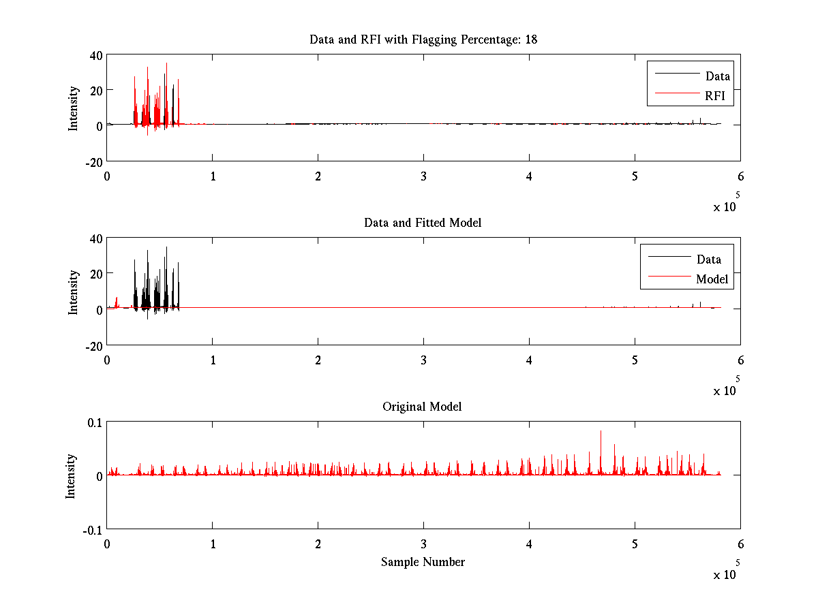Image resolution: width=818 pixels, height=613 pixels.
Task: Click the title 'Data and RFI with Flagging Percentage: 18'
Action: (423, 40)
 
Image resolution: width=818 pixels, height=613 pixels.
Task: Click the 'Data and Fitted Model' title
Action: (423, 223)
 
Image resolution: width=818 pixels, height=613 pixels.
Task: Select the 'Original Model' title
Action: (422, 407)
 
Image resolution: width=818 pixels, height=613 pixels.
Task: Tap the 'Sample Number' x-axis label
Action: (423, 562)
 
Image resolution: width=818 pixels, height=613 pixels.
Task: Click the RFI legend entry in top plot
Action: (718, 96)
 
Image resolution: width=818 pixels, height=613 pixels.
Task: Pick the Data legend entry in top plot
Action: (717, 76)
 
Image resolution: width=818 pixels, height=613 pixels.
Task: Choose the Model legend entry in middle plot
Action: (712, 279)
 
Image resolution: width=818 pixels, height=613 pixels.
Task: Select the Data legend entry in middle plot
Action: (708, 259)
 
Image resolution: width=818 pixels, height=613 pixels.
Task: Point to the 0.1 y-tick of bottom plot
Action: (94, 422)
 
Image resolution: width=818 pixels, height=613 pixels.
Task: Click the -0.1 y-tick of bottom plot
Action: (92, 529)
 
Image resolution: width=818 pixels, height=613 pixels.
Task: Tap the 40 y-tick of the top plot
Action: (95, 55)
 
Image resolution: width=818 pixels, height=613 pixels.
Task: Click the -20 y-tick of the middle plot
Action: (93, 345)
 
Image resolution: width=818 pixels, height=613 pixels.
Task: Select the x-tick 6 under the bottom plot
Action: (740, 544)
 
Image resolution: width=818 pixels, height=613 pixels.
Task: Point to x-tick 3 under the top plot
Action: (423, 176)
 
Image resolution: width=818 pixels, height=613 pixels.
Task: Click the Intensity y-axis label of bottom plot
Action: (71, 476)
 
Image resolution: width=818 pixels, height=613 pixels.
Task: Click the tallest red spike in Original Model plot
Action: (601, 432)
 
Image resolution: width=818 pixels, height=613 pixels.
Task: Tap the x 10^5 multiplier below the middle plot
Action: (726, 390)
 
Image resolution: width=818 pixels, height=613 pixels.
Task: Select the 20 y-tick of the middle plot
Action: (95, 273)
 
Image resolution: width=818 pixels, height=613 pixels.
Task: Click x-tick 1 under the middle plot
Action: (213, 360)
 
